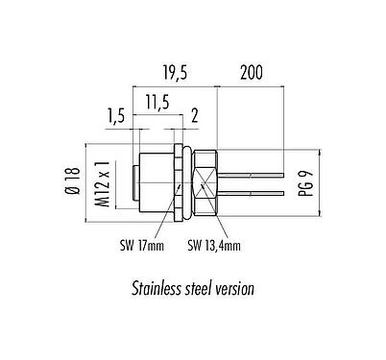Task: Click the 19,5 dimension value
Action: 175,72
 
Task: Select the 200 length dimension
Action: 252,72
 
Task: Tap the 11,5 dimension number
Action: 157,103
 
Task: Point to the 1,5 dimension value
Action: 115,117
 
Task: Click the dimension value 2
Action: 195,115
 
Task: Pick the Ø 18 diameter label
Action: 72,180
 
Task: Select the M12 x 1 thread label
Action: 103,184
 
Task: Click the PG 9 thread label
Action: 305,183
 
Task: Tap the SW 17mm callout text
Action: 142,246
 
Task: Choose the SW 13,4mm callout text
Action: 214,246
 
